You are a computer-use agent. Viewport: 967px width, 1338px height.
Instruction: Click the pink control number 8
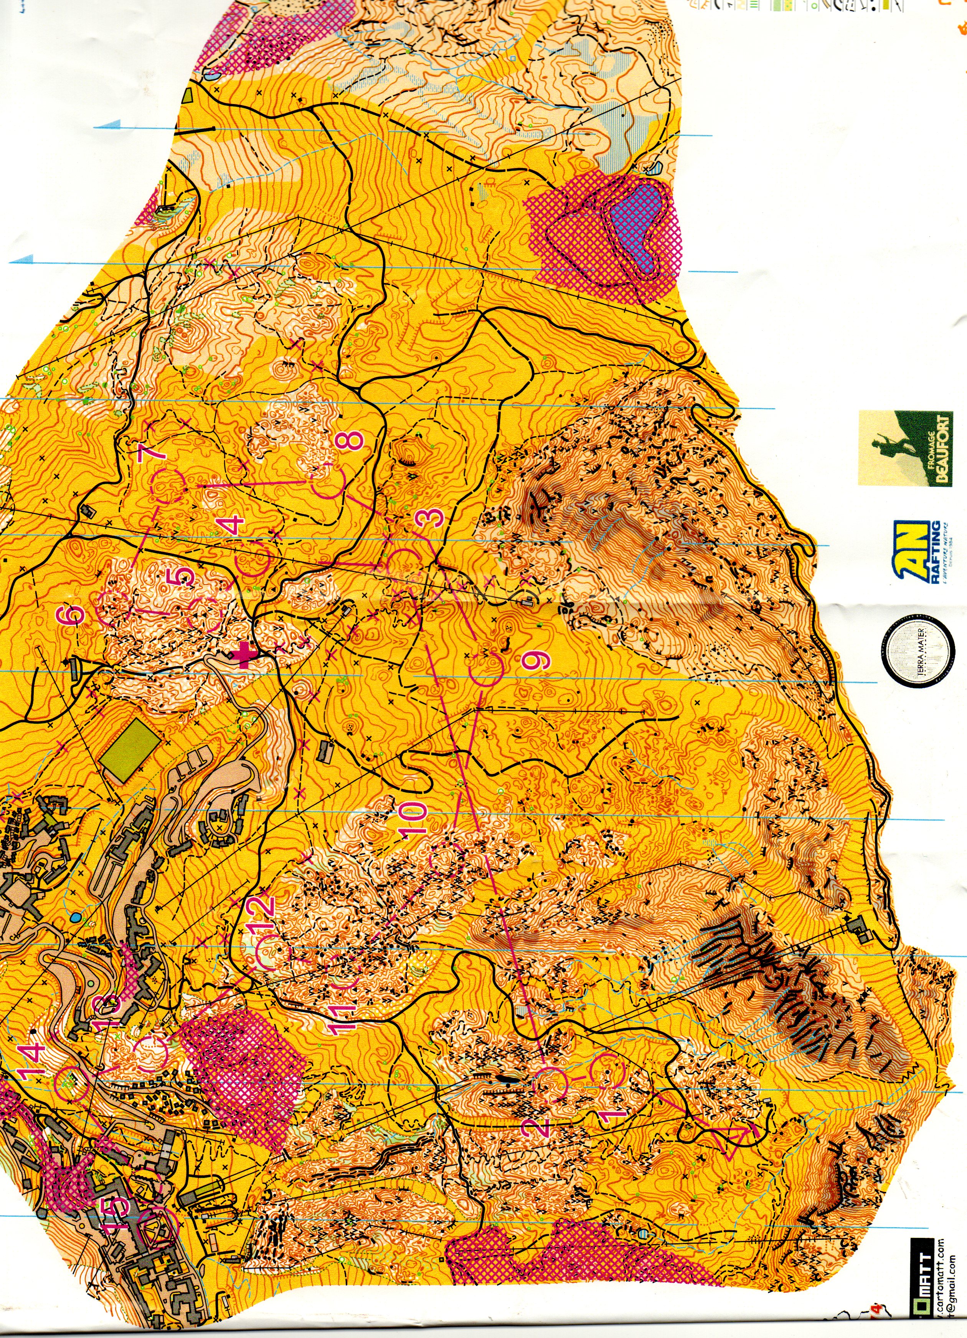pos(353,440)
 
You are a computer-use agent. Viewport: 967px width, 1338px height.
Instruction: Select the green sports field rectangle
pos(129,750)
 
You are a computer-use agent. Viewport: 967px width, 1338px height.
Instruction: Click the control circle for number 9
pos(488,668)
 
